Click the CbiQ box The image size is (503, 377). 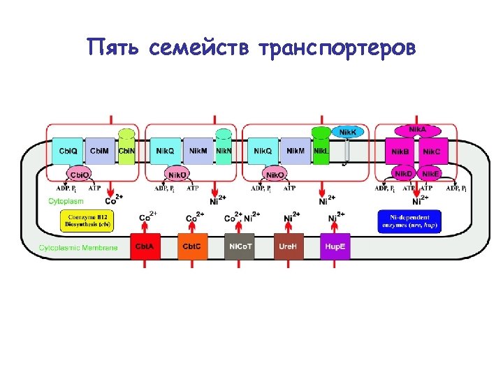point(68,151)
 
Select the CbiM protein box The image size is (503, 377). point(99,151)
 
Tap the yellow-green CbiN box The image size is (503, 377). point(126,150)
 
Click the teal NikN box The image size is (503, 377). point(223,150)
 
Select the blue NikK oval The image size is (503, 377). point(347,132)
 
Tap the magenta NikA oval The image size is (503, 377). point(416,130)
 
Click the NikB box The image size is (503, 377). point(400,151)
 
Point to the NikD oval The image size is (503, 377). point(403,173)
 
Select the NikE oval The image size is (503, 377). point(430,173)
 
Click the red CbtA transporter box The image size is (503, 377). point(145,246)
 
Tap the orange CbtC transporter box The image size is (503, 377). point(193,246)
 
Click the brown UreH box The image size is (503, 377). point(289,246)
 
